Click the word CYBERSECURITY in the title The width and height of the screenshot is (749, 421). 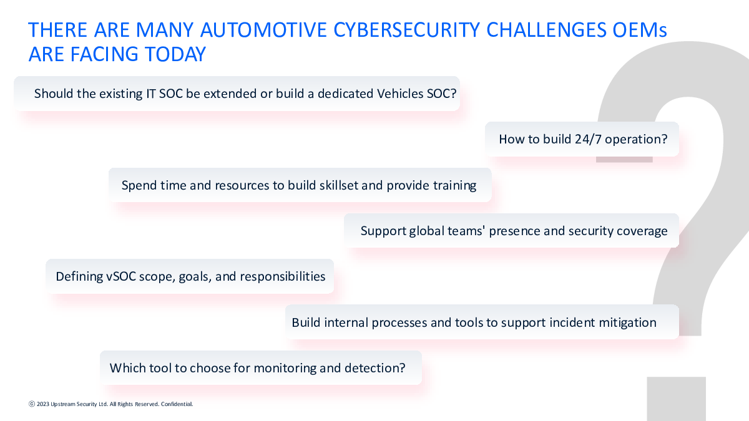[406, 30]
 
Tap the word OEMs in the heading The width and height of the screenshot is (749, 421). [640, 30]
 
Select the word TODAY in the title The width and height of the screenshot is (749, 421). [175, 54]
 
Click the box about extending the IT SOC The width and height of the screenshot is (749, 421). [237, 94]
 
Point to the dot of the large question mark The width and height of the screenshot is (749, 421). [676, 399]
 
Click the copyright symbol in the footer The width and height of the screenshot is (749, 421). [32, 404]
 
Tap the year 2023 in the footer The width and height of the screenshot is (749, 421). [43, 404]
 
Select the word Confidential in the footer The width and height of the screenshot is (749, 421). [177, 404]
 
